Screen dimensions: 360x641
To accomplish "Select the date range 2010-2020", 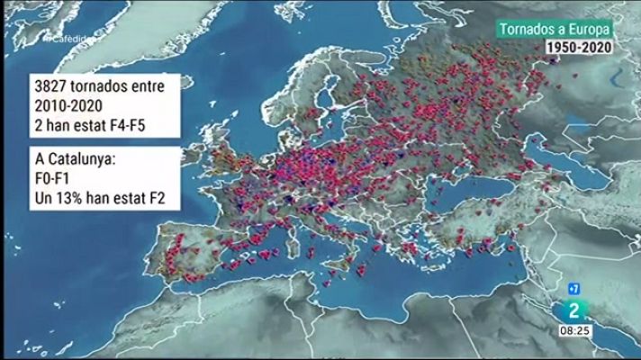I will (68, 108).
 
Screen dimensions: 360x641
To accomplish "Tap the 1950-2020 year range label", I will (579, 48).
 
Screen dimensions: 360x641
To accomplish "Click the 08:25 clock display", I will (576, 331).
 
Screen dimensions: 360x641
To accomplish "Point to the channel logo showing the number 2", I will (574, 309).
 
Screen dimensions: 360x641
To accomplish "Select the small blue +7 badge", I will (572, 291).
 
